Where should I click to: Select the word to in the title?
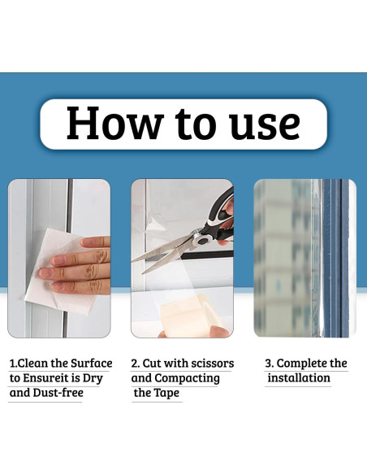point(196,124)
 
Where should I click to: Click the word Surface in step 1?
point(92,363)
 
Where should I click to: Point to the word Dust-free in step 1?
point(58,393)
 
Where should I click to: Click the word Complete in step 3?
point(301,364)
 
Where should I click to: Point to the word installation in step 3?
point(299,377)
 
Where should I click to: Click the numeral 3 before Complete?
point(268,364)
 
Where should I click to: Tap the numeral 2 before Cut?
point(135,364)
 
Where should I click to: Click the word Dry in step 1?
point(93,378)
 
